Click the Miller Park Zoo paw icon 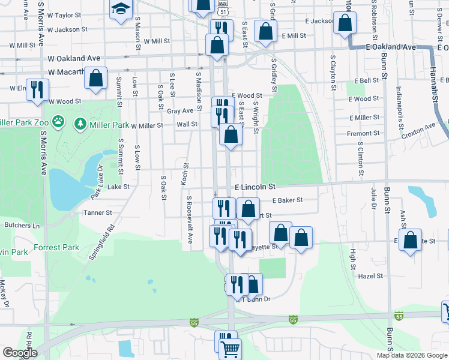coord(58,122)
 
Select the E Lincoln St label coord(255,187)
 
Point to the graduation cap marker coord(121,10)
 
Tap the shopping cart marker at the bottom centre coord(230,348)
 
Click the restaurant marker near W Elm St coord(37,90)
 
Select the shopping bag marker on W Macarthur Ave coord(96,77)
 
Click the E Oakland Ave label coord(391,47)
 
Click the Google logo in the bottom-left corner coord(20,353)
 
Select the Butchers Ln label coord(22,226)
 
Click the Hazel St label coord(370,276)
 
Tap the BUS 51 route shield coord(223,11)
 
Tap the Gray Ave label coord(180,111)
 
